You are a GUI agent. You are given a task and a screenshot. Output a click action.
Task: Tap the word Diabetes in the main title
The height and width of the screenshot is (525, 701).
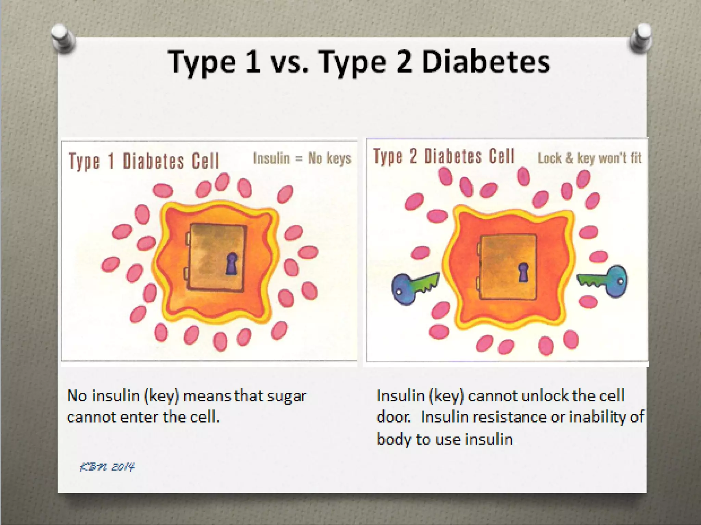click(x=486, y=62)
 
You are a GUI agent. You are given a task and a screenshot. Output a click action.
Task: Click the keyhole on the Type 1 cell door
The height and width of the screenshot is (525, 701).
click(x=232, y=263)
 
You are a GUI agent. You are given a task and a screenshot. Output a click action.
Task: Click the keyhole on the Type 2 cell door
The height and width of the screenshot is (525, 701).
click(x=523, y=272)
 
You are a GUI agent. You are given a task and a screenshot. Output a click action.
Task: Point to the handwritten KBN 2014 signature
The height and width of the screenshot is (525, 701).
click(x=107, y=467)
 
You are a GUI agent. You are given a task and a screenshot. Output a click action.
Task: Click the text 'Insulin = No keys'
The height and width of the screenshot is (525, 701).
click(x=302, y=158)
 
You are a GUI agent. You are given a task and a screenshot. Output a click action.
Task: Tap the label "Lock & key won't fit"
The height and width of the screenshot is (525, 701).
click(x=589, y=158)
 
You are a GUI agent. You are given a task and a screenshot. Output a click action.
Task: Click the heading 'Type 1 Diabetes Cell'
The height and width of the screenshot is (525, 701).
click(x=144, y=161)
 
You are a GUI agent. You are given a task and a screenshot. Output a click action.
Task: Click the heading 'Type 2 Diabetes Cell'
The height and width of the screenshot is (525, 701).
click(x=444, y=157)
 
